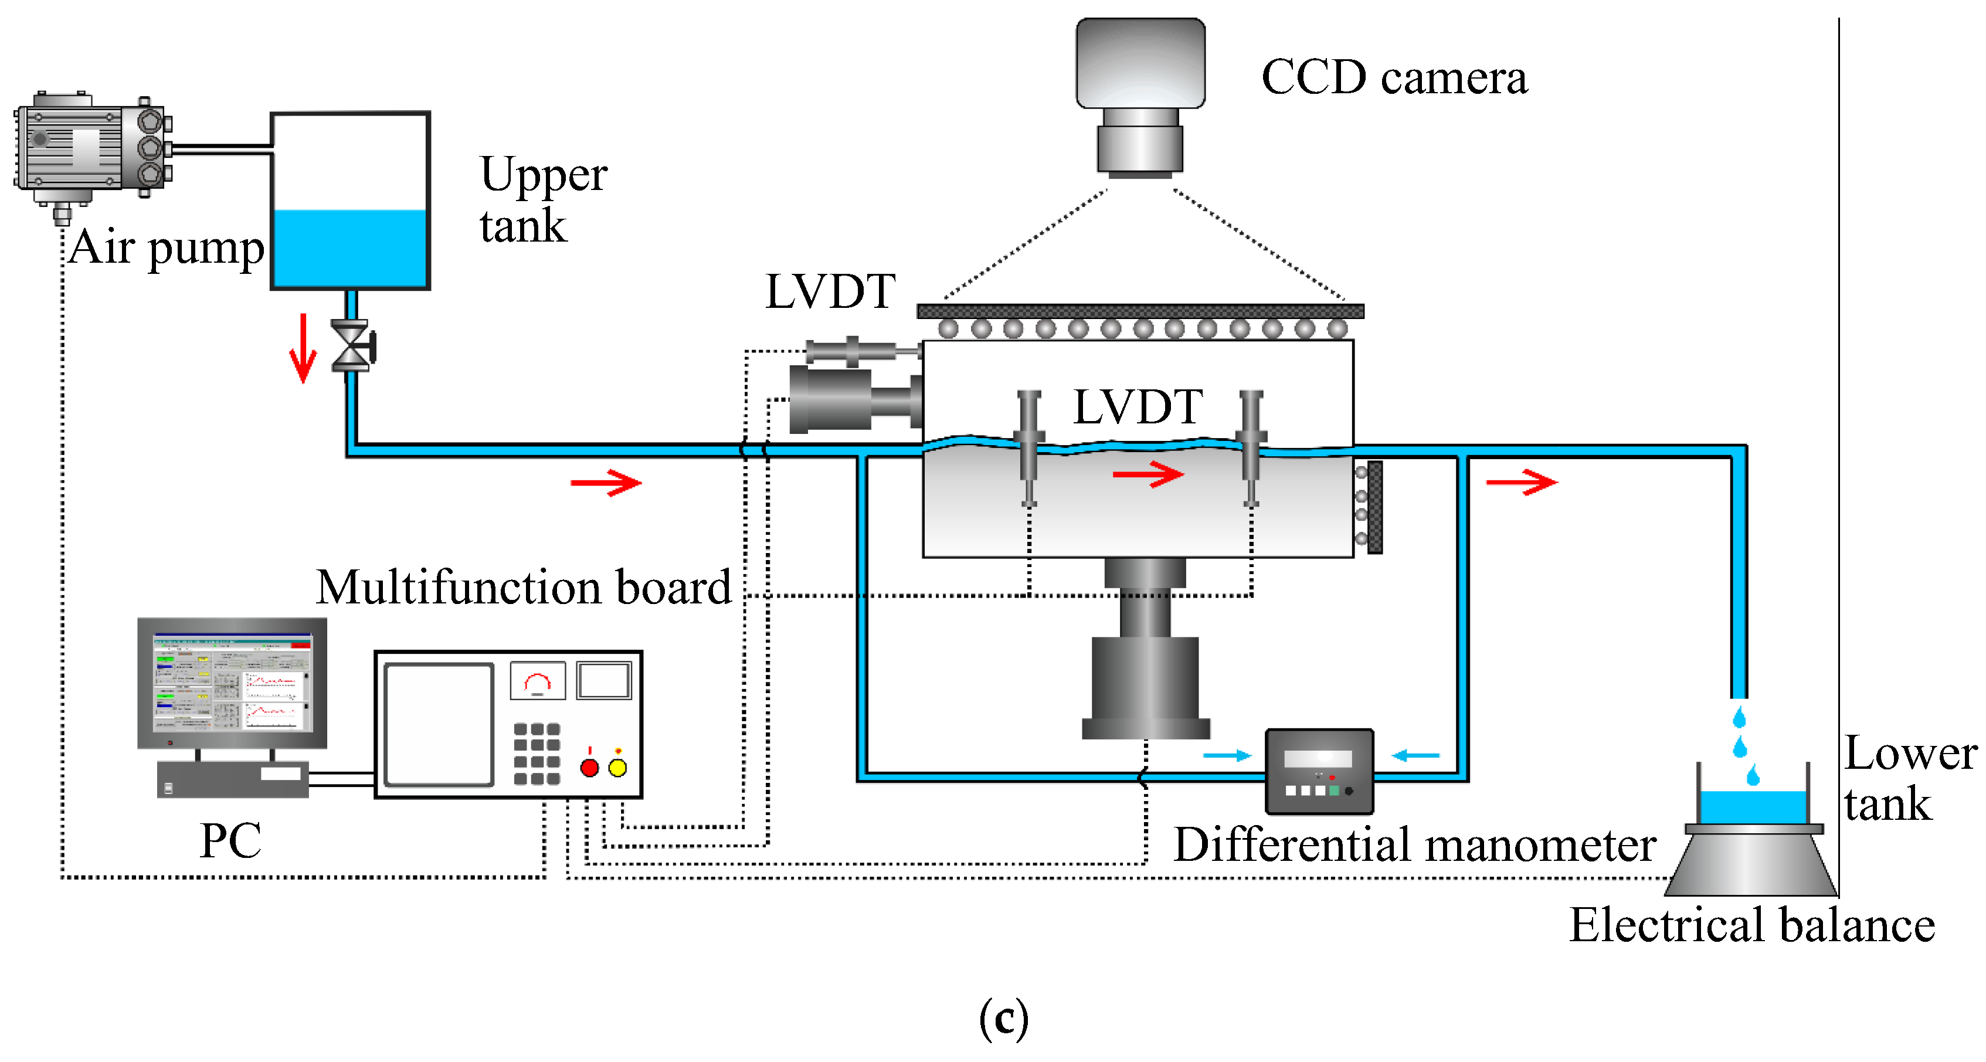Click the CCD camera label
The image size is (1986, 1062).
click(1393, 77)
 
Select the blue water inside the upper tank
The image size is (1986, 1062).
click(350, 248)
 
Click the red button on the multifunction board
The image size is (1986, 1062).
click(589, 768)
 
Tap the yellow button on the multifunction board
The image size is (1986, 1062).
click(617, 768)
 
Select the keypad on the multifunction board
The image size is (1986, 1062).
click(537, 754)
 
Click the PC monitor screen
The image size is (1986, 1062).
click(232, 682)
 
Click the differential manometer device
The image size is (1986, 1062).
click(1319, 771)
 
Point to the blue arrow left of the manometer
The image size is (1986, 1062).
click(1226, 755)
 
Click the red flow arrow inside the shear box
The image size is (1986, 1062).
click(1147, 474)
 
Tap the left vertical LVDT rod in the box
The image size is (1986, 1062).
click(1028, 447)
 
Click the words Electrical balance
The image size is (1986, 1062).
click(1751, 925)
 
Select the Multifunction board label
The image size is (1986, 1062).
click(524, 587)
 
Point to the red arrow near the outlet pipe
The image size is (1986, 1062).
click(1520, 482)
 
